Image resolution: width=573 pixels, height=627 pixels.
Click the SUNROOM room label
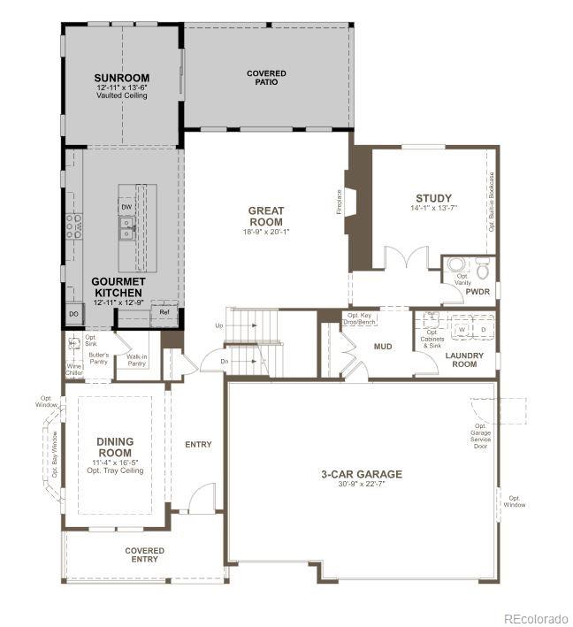[x=122, y=78]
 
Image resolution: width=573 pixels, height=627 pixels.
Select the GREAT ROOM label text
[x=265, y=217]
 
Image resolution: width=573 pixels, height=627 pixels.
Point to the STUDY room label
[x=433, y=198]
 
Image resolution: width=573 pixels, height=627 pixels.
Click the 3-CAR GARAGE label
[x=361, y=474]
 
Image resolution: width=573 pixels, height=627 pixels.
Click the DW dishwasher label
[x=126, y=207]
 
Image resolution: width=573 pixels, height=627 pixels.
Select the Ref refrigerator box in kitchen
[x=164, y=312]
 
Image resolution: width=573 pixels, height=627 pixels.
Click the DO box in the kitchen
[x=73, y=313]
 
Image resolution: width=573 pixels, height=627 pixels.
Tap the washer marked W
[x=461, y=329]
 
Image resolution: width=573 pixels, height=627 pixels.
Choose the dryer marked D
[x=483, y=329]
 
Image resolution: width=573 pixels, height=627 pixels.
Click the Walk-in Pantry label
[x=136, y=360]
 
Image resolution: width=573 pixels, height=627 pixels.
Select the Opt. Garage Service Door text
[x=480, y=436]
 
